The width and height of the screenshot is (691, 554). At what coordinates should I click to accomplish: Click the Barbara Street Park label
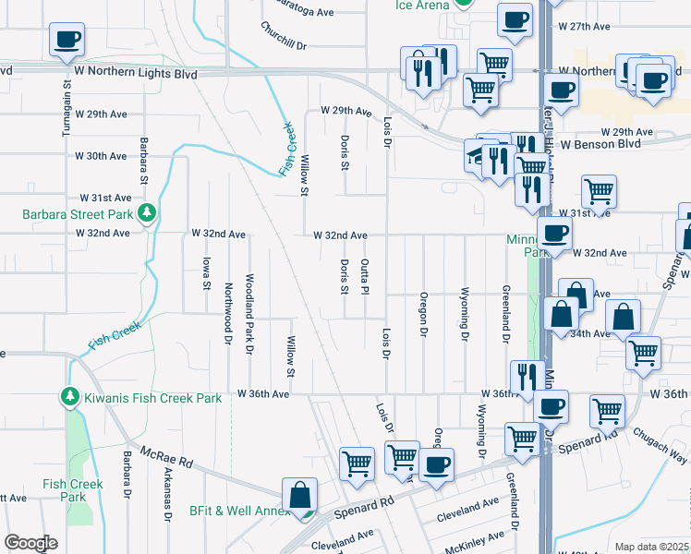76,215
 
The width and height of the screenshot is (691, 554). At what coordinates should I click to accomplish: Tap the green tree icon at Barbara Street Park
146,214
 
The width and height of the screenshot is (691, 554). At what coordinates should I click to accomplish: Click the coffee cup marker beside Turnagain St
67,41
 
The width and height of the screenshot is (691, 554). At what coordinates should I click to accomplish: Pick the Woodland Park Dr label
249,313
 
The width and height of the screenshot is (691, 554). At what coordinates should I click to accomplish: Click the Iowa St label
206,272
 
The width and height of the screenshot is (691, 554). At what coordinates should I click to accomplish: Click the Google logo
30,543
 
